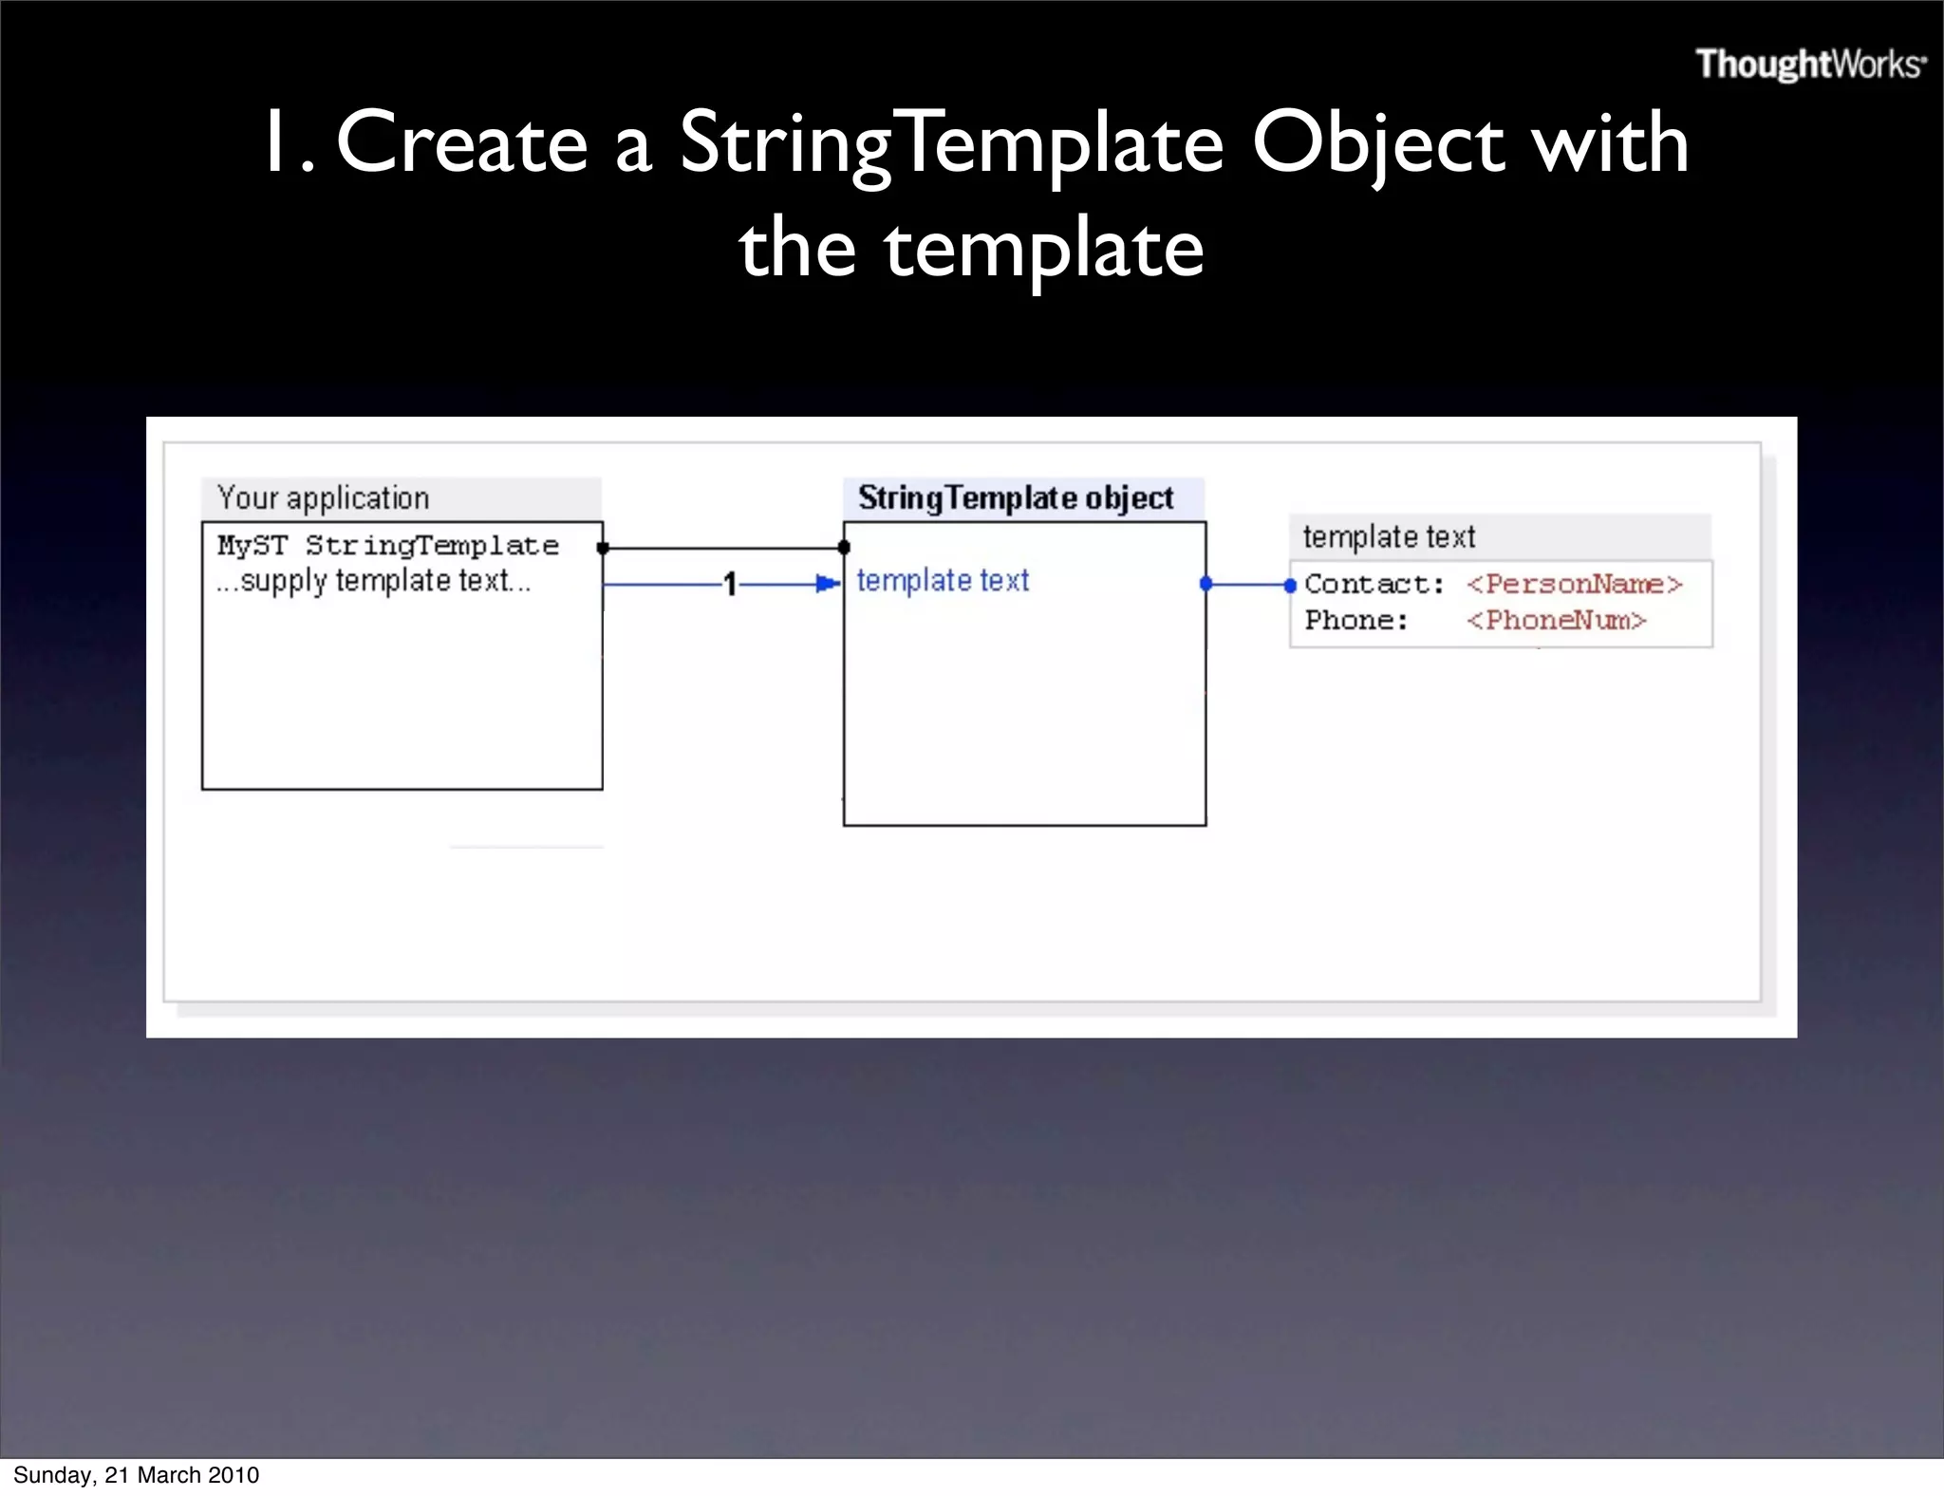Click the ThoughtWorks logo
pos(1810,65)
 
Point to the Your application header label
pos(323,498)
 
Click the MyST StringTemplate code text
pos(387,546)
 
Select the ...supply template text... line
pos(372,581)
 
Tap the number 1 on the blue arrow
pos(729,584)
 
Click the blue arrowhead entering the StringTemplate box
pos(829,584)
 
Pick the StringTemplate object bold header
pos(1015,498)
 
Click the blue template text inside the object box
pos(942,580)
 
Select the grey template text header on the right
pos(1389,537)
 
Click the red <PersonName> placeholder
pos(1574,584)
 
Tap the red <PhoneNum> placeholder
pos(1556,620)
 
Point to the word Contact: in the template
pos(1374,584)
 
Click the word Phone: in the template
pos(1355,620)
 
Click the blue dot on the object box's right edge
pos(1206,584)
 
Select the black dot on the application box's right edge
pos(603,548)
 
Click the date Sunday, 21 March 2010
pos(136,1475)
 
